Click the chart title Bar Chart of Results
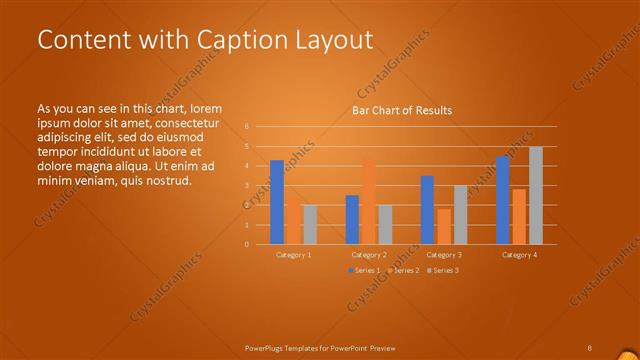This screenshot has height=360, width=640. [x=401, y=110]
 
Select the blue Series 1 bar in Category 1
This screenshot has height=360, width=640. [x=277, y=202]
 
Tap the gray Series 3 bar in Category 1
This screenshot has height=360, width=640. [x=310, y=224]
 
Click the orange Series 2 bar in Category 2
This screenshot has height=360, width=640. [x=369, y=201]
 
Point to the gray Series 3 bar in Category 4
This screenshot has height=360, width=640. [x=536, y=195]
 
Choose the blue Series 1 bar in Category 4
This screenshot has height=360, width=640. [x=502, y=200]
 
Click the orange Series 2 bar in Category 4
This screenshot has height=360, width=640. [x=519, y=216]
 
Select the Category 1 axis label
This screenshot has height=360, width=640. [x=294, y=255]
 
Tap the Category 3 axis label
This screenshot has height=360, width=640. [x=444, y=255]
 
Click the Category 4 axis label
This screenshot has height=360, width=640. [x=519, y=255]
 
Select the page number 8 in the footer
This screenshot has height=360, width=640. [x=590, y=347]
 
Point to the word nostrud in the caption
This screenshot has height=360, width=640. [x=167, y=181]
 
